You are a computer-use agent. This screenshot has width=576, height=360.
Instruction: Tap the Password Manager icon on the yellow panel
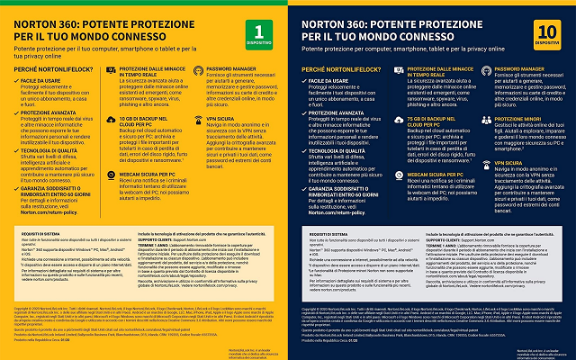[195, 69]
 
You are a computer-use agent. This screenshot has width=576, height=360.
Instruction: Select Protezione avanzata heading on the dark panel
[345, 112]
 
